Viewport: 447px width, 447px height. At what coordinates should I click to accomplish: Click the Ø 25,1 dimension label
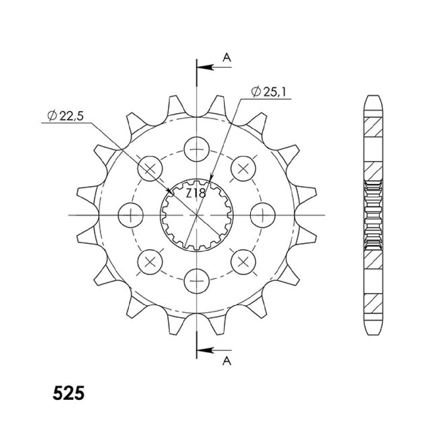pos(268,92)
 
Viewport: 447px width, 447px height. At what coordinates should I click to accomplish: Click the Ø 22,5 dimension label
pos(65,116)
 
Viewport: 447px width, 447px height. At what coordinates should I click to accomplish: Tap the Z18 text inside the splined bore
pos(196,193)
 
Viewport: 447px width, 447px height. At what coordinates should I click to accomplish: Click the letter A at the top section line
pos(227,57)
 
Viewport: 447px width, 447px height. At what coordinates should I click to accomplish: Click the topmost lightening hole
pos(197,149)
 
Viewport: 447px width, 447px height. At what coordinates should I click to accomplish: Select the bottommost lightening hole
pos(197,281)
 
